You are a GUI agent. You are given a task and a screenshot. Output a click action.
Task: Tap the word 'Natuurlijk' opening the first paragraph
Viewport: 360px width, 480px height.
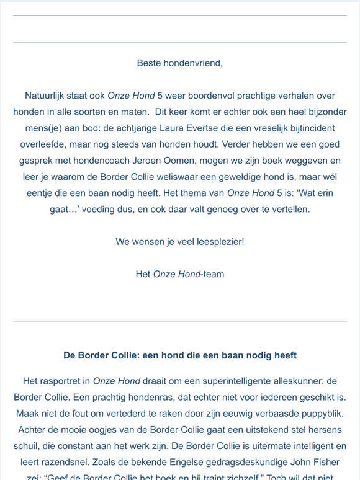pos(47,96)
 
